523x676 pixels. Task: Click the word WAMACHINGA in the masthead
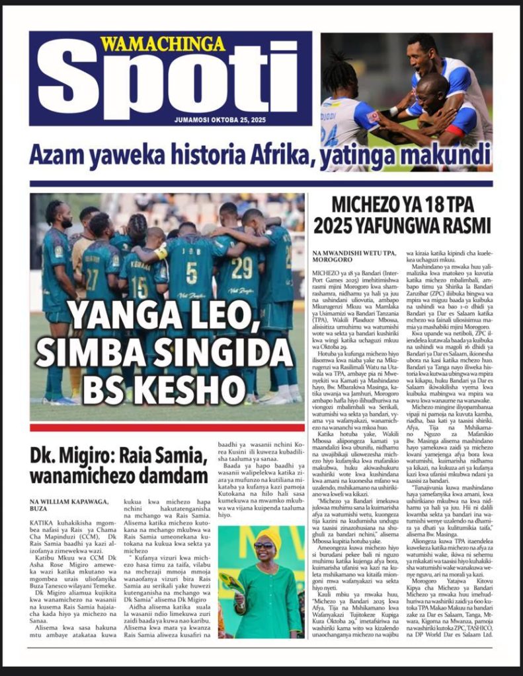point(163,44)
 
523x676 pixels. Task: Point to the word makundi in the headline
point(446,156)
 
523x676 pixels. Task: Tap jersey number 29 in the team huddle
point(243,267)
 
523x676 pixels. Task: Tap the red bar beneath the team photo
point(167,428)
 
